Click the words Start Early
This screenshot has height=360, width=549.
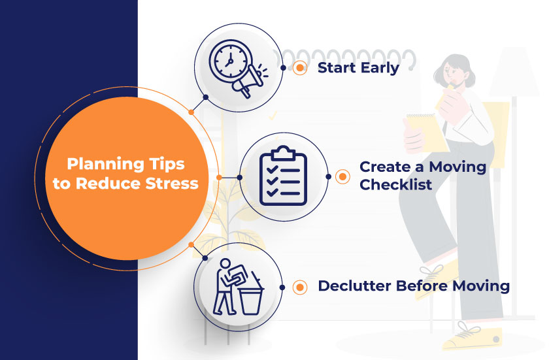[x=358, y=67]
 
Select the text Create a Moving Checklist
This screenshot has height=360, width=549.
[x=422, y=175]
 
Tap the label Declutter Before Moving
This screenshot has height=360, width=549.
[x=413, y=286]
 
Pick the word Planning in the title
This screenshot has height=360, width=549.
[x=99, y=163]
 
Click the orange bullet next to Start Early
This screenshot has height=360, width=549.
[x=301, y=67]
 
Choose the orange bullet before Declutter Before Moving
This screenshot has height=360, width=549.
[x=301, y=286]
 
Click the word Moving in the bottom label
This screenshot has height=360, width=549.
[x=484, y=286]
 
